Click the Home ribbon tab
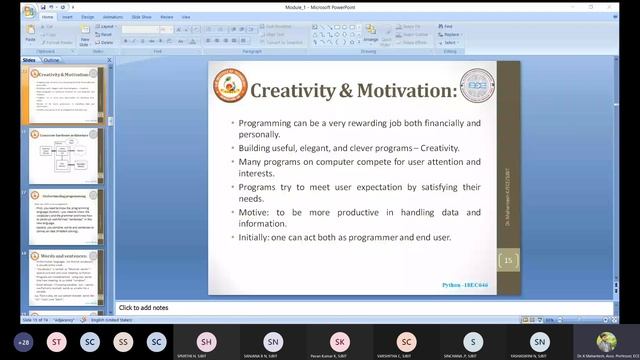click(x=48, y=16)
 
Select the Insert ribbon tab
click(x=67, y=16)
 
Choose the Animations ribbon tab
click(x=112, y=16)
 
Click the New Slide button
click(x=84, y=37)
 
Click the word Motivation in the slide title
click(x=393, y=91)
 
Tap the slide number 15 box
click(x=508, y=261)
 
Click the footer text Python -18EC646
click(x=467, y=285)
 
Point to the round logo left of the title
click(x=230, y=86)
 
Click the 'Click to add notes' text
click(x=143, y=307)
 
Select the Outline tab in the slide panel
click(x=51, y=60)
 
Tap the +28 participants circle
click(x=24, y=341)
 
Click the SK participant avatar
click(x=340, y=340)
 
